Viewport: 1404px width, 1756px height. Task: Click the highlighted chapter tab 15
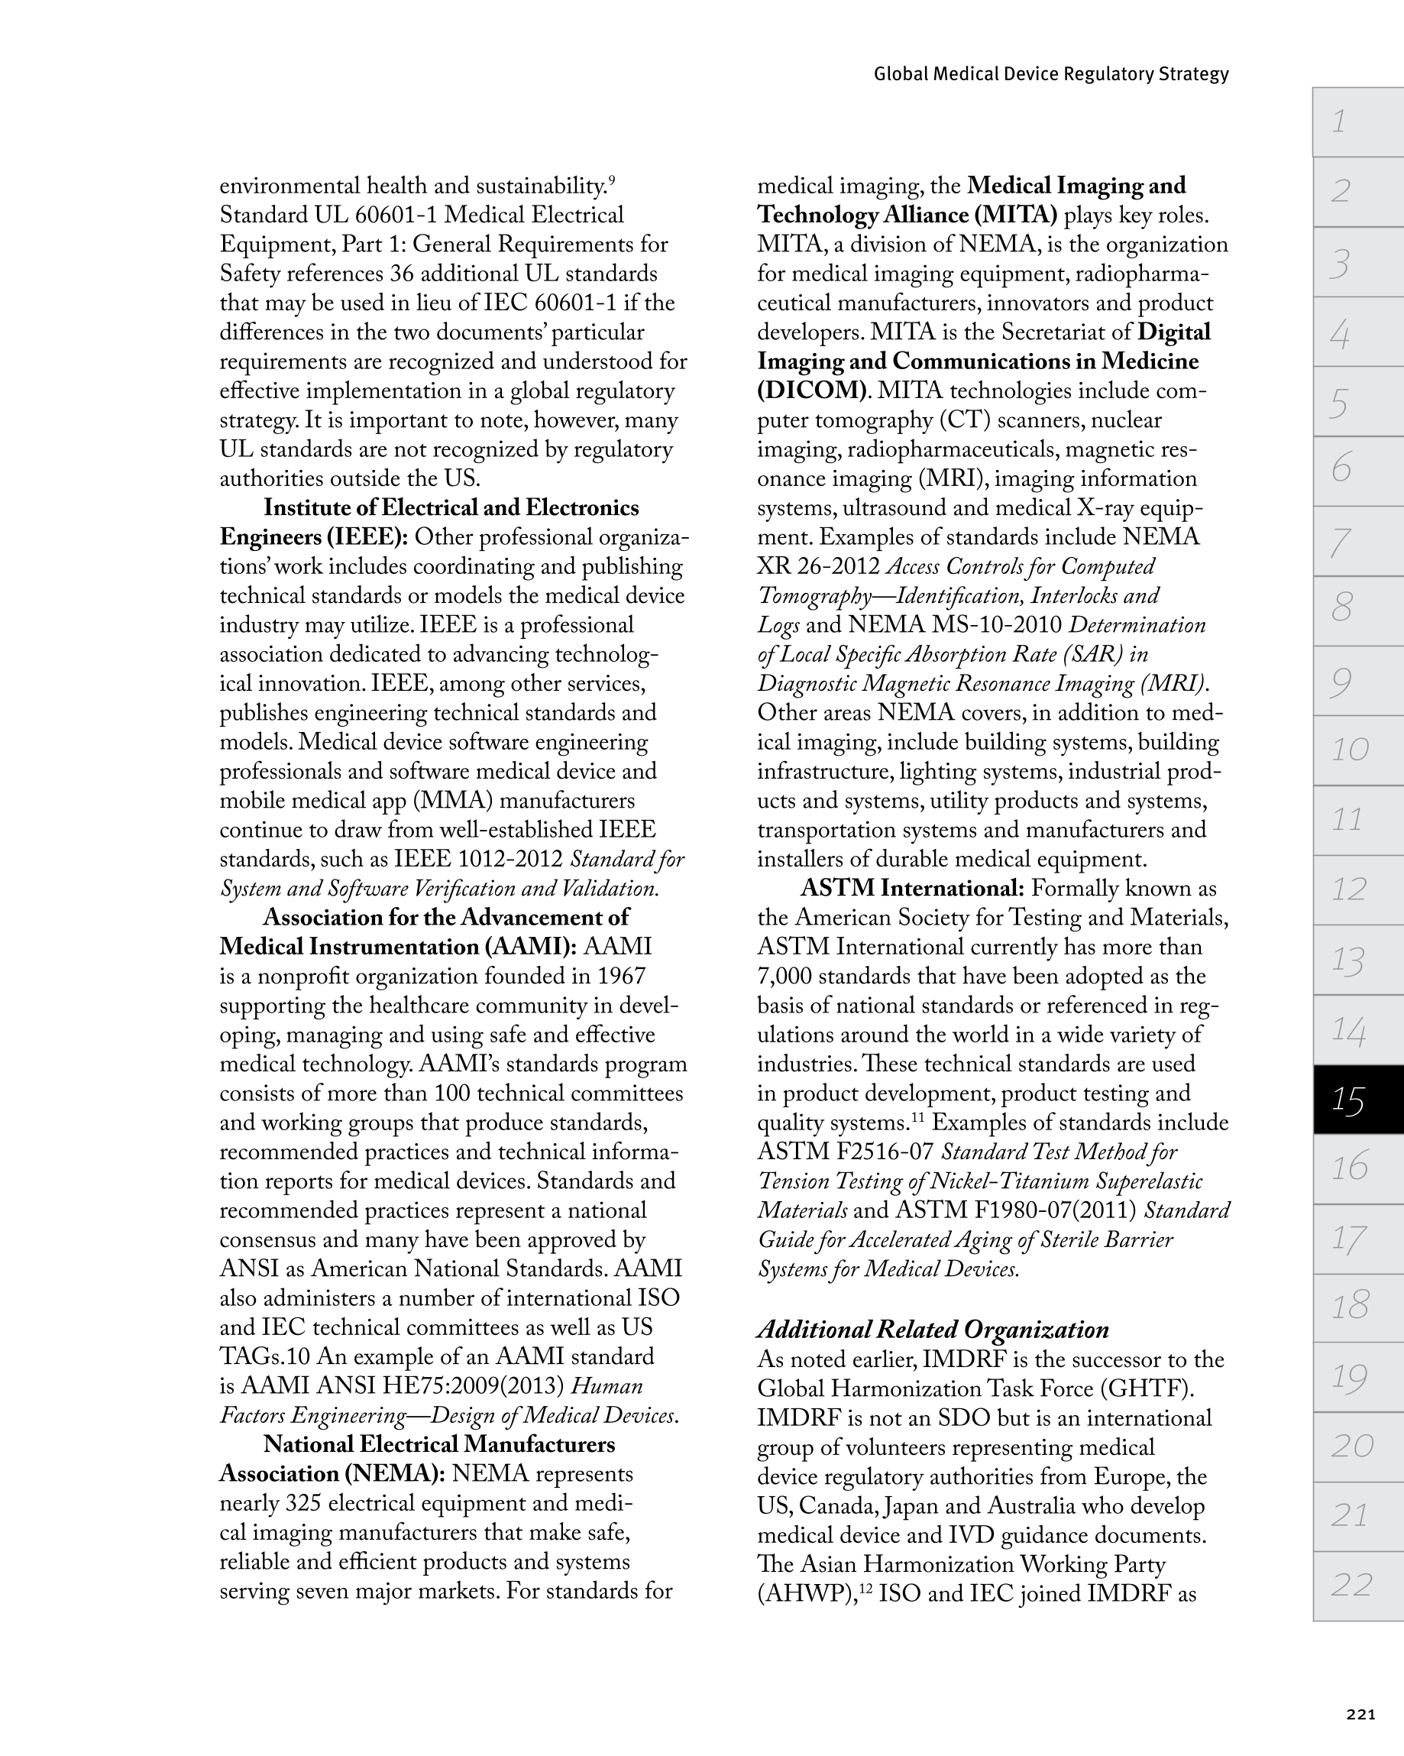pyautogui.click(x=1357, y=1100)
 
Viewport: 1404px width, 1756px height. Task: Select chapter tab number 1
pyautogui.click(x=1357, y=121)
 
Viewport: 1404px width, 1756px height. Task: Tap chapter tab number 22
pyautogui.click(x=1357, y=1584)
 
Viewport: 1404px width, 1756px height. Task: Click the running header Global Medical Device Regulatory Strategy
pyautogui.click(x=1050, y=74)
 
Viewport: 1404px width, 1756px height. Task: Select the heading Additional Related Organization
pyautogui.click(x=933, y=1330)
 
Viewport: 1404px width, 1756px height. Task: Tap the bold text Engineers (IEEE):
pyautogui.click(x=313, y=537)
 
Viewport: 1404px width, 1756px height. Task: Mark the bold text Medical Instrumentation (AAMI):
pyautogui.click(x=398, y=948)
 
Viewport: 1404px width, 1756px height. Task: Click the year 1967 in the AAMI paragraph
pyautogui.click(x=621, y=977)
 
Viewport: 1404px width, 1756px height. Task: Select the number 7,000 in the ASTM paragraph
pyautogui.click(x=784, y=977)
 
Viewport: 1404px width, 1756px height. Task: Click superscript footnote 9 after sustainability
pyautogui.click(x=612, y=179)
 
